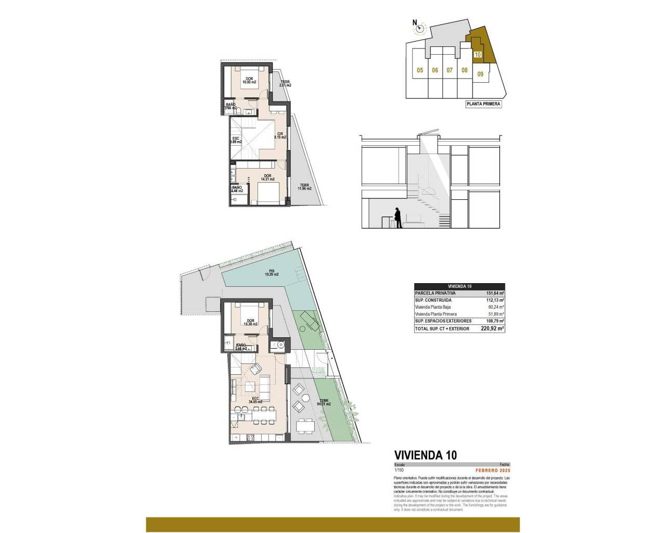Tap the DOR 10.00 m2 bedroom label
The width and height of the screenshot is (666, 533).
tap(249, 81)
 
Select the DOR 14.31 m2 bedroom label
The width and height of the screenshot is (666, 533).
tap(267, 177)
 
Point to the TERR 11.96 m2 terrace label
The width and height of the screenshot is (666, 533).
tap(304, 186)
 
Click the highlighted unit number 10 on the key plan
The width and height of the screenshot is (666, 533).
tap(478, 54)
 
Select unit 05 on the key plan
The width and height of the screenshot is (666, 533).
tap(420, 70)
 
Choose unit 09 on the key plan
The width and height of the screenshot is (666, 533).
tap(480, 74)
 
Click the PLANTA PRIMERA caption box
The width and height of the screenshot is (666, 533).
tap(483, 104)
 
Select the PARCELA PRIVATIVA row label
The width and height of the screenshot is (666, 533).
tap(436, 293)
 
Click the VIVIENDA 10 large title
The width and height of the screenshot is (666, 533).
tap(426, 455)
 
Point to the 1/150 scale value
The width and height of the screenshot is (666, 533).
tap(400, 471)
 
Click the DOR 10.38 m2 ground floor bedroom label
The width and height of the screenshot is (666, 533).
tap(251, 322)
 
